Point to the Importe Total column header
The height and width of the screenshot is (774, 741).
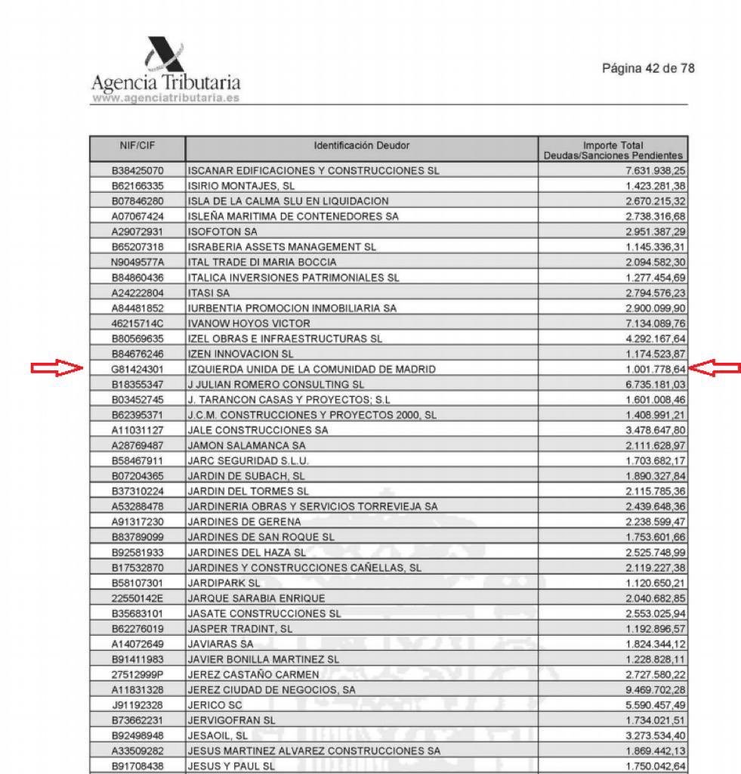(613, 149)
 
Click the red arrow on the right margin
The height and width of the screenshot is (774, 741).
(716, 369)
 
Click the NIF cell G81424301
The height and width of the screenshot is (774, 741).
(137, 370)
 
